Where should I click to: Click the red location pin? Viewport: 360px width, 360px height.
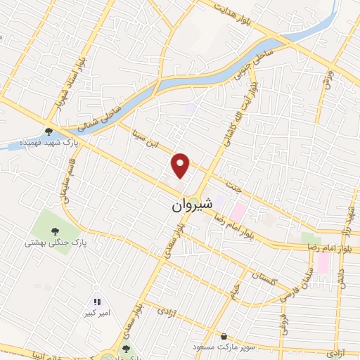coord(181,165)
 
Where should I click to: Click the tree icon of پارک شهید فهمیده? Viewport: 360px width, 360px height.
coord(49,131)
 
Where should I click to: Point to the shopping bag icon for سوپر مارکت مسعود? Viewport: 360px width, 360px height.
coord(224,337)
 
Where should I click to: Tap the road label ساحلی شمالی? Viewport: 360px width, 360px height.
coord(101,117)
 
